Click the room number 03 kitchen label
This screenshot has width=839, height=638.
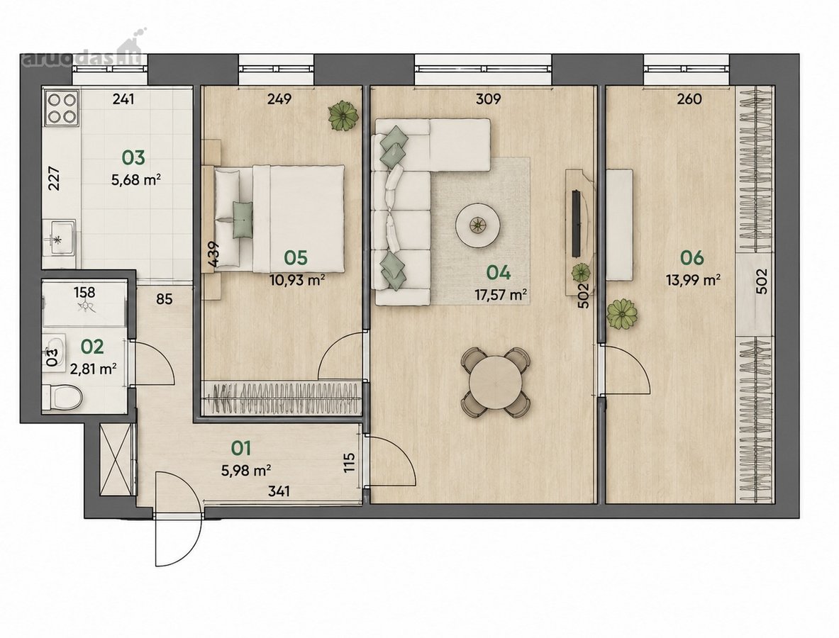click(x=133, y=158)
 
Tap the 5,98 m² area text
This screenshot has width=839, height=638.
click(x=245, y=471)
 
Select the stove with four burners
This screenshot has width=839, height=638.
click(x=62, y=108)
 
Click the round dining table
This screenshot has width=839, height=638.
click(x=496, y=382)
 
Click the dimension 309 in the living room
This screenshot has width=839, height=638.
click(x=488, y=99)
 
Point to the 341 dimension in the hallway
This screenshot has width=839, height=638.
click(x=279, y=491)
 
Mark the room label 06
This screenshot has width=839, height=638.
click(x=692, y=258)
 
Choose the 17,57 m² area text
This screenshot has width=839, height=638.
click(x=500, y=294)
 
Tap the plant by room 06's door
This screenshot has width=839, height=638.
click(x=622, y=314)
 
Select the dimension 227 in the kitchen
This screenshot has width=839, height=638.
click(x=54, y=179)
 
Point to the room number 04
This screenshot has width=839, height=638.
click(x=498, y=273)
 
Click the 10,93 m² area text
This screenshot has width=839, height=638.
click(x=297, y=279)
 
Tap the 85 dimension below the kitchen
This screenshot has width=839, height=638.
click(x=165, y=298)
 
